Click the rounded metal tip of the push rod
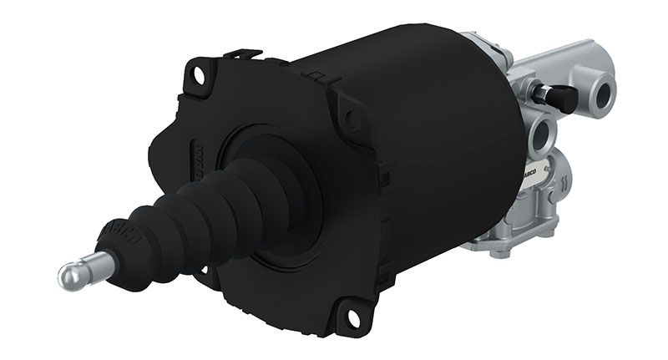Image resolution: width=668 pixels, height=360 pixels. pyautogui.click(x=71, y=273)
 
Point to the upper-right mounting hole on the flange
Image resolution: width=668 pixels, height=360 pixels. pyautogui.click(x=354, y=119)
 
